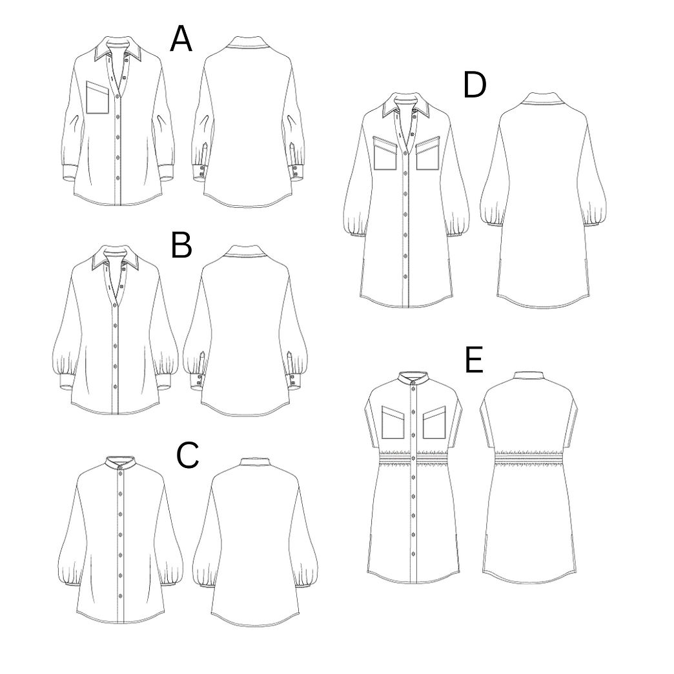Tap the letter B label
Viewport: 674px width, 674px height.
pyautogui.click(x=181, y=246)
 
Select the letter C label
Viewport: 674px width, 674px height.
pyautogui.click(x=187, y=455)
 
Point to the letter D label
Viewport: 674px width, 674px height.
pyautogui.click(x=475, y=86)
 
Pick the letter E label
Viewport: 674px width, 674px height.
pyautogui.click(x=475, y=361)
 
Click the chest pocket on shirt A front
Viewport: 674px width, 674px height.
pyautogui.click(x=98, y=97)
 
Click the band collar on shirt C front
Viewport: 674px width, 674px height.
pyautogui.click(x=120, y=464)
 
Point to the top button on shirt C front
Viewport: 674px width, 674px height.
pyautogui.click(x=120, y=478)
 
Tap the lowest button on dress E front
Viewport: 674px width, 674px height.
pyautogui.click(x=414, y=533)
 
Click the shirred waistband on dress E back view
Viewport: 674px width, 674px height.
pyautogui.click(x=529, y=458)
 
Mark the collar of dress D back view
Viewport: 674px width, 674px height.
pyautogui.click(x=543, y=98)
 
